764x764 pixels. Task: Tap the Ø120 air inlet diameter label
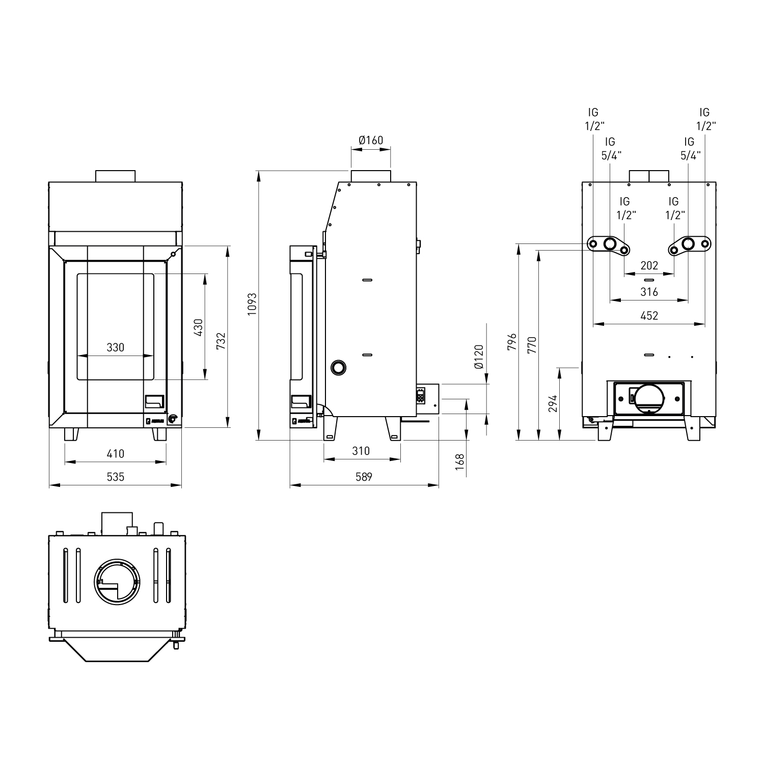(x=478, y=357)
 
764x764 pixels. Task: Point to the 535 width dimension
(x=115, y=477)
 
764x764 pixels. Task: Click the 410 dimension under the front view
(x=115, y=453)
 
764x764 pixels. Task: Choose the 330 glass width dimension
(x=115, y=347)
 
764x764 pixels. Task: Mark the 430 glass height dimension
(x=198, y=327)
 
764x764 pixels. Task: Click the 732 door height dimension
(x=221, y=340)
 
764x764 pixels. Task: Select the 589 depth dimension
(x=364, y=477)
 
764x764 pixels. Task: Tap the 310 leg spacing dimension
(x=361, y=451)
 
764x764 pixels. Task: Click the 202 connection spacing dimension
(x=649, y=265)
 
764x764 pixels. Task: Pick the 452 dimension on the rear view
(x=649, y=316)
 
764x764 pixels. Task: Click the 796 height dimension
(x=512, y=342)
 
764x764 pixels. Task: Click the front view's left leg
(x=71, y=434)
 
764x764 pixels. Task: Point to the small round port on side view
(x=338, y=367)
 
